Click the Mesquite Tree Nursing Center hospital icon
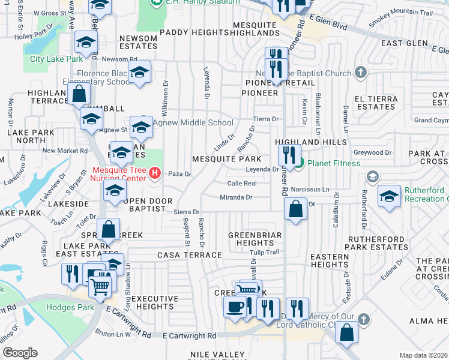coord(155,173)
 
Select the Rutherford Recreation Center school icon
coord(389,197)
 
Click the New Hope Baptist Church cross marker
coord(360,73)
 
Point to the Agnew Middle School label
coord(186,123)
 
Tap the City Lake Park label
coord(56,59)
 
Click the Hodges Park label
coord(70,307)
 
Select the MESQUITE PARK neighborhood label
coord(226,159)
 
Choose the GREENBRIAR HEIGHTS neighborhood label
coord(255,239)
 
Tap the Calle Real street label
coord(242,183)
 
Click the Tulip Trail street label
coord(265,252)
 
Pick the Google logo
coord(20,352)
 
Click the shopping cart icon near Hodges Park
coord(100,286)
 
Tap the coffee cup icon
coord(234,307)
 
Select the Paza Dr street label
coord(179,174)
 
